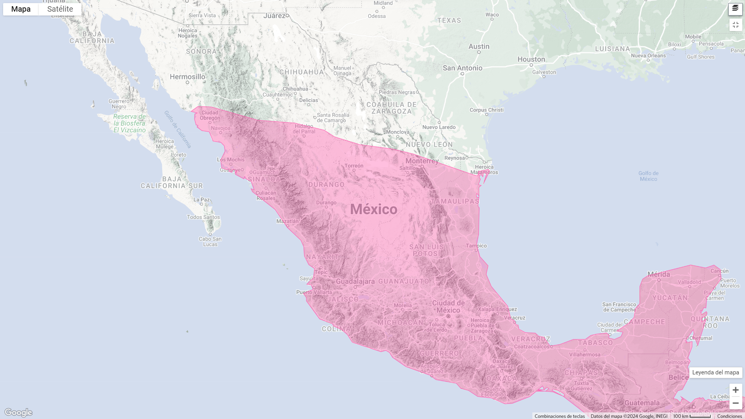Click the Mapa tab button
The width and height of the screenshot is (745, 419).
[x=21, y=9]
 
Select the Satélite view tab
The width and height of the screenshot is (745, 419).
[x=60, y=9]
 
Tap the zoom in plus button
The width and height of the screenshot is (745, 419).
[x=735, y=390]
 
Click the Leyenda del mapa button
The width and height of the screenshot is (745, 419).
[x=716, y=372]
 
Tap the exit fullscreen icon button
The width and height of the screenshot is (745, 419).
[x=735, y=25]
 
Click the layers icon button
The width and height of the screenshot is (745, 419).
[x=735, y=9]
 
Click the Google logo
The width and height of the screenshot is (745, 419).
[x=18, y=412]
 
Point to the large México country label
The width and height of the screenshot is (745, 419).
[x=374, y=209]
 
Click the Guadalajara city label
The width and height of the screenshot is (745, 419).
[x=355, y=282]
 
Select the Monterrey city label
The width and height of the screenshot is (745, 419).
[x=422, y=161]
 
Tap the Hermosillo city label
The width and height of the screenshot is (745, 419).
[x=187, y=77]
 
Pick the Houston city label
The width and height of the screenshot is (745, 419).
[x=531, y=59]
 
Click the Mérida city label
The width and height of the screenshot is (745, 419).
[x=658, y=274]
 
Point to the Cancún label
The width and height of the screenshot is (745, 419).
[x=719, y=271]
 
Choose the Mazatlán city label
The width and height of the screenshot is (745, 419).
[x=288, y=221]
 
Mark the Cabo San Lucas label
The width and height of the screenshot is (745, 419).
[x=210, y=241]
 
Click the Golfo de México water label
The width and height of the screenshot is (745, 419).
[x=648, y=176]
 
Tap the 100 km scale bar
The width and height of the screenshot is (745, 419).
[x=692, y=416]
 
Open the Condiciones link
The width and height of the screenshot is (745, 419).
[x=729, y=416]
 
